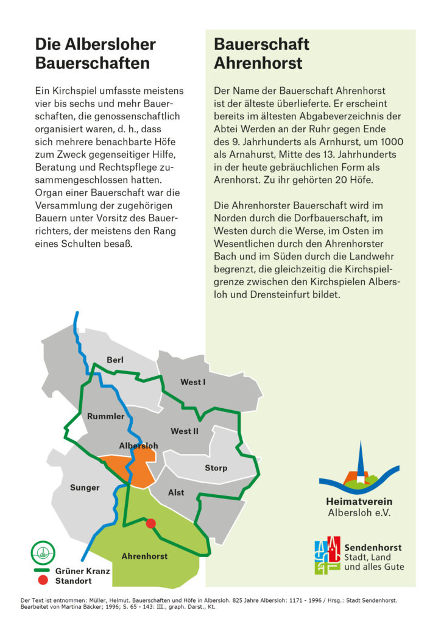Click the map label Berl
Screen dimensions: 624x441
click(x=115, y=360)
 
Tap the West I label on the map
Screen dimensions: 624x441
click(x=192, y=382)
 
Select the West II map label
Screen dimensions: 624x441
click(x=185, y=431)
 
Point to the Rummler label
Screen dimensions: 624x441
click(x=105, y=417)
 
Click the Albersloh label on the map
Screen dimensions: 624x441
click(x=138, y=445)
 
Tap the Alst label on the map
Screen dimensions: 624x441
click(x=176, y=492)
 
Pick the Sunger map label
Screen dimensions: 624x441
click(x=85, y=487)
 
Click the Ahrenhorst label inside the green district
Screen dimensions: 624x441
click(x=144, y=556)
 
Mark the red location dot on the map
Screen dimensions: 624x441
click(x=151, y=523)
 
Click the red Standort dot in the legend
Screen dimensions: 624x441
click(x=43, y=581)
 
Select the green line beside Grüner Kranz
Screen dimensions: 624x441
click(x=43, y=571)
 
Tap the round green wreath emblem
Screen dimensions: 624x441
click(x=43, y=553)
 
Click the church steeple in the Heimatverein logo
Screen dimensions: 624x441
click(x=360, y=460)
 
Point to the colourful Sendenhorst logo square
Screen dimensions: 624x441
click(x=327, y=556)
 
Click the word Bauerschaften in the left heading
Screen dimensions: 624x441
click(x=92, y=63)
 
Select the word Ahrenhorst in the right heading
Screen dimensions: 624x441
click(x=258, y=63)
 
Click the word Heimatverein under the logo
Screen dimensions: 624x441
click(x=359, y=502)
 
